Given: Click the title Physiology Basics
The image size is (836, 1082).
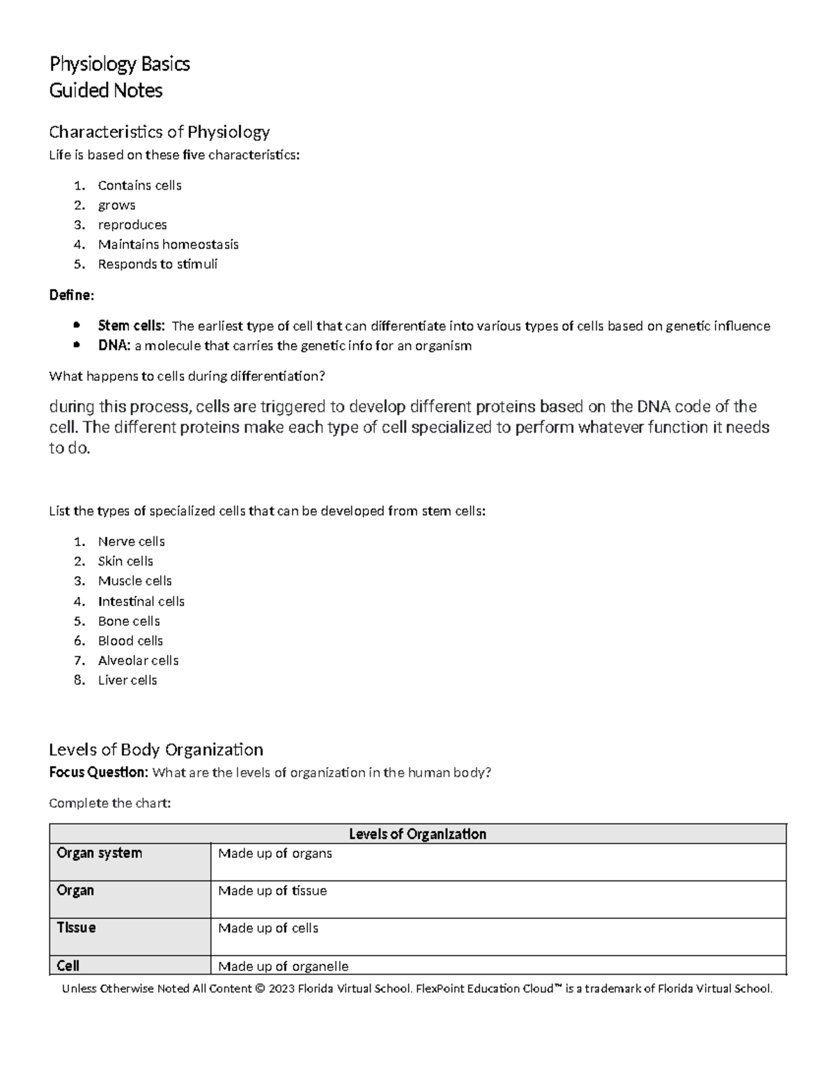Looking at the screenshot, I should pos(119,64).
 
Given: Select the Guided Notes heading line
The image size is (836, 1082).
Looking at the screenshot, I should pos(106,91).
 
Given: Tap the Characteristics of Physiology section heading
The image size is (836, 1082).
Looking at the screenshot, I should pos(159,132).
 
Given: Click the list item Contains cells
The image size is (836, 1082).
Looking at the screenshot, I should pos(139,185).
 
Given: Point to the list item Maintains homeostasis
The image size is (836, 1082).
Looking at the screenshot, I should pos(168,245).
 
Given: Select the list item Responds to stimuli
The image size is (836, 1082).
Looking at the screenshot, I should pos(157,264).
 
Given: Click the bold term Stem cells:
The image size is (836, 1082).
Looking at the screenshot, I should pos(132,326).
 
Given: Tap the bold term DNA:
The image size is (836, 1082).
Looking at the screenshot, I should pos(114,346).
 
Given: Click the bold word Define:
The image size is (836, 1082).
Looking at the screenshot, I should pos(71,295).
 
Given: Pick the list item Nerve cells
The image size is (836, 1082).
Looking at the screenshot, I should pos(131,541).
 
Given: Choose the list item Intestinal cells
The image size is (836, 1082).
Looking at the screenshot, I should pos(141,601).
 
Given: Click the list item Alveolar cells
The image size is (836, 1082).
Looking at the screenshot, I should pos(138,660).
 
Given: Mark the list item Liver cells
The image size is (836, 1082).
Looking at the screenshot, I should pos(127,680).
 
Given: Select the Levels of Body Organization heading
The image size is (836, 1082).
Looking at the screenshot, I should pos(156,750).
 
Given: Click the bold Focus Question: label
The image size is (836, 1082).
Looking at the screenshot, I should pos(98,773).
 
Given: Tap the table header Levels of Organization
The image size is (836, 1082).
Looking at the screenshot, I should pos(417,834).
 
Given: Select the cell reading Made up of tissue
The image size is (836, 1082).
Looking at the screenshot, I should pos(272,891).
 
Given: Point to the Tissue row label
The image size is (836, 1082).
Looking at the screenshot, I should pos(76,928).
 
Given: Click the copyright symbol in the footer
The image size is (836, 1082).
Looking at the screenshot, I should pos(261,989).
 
